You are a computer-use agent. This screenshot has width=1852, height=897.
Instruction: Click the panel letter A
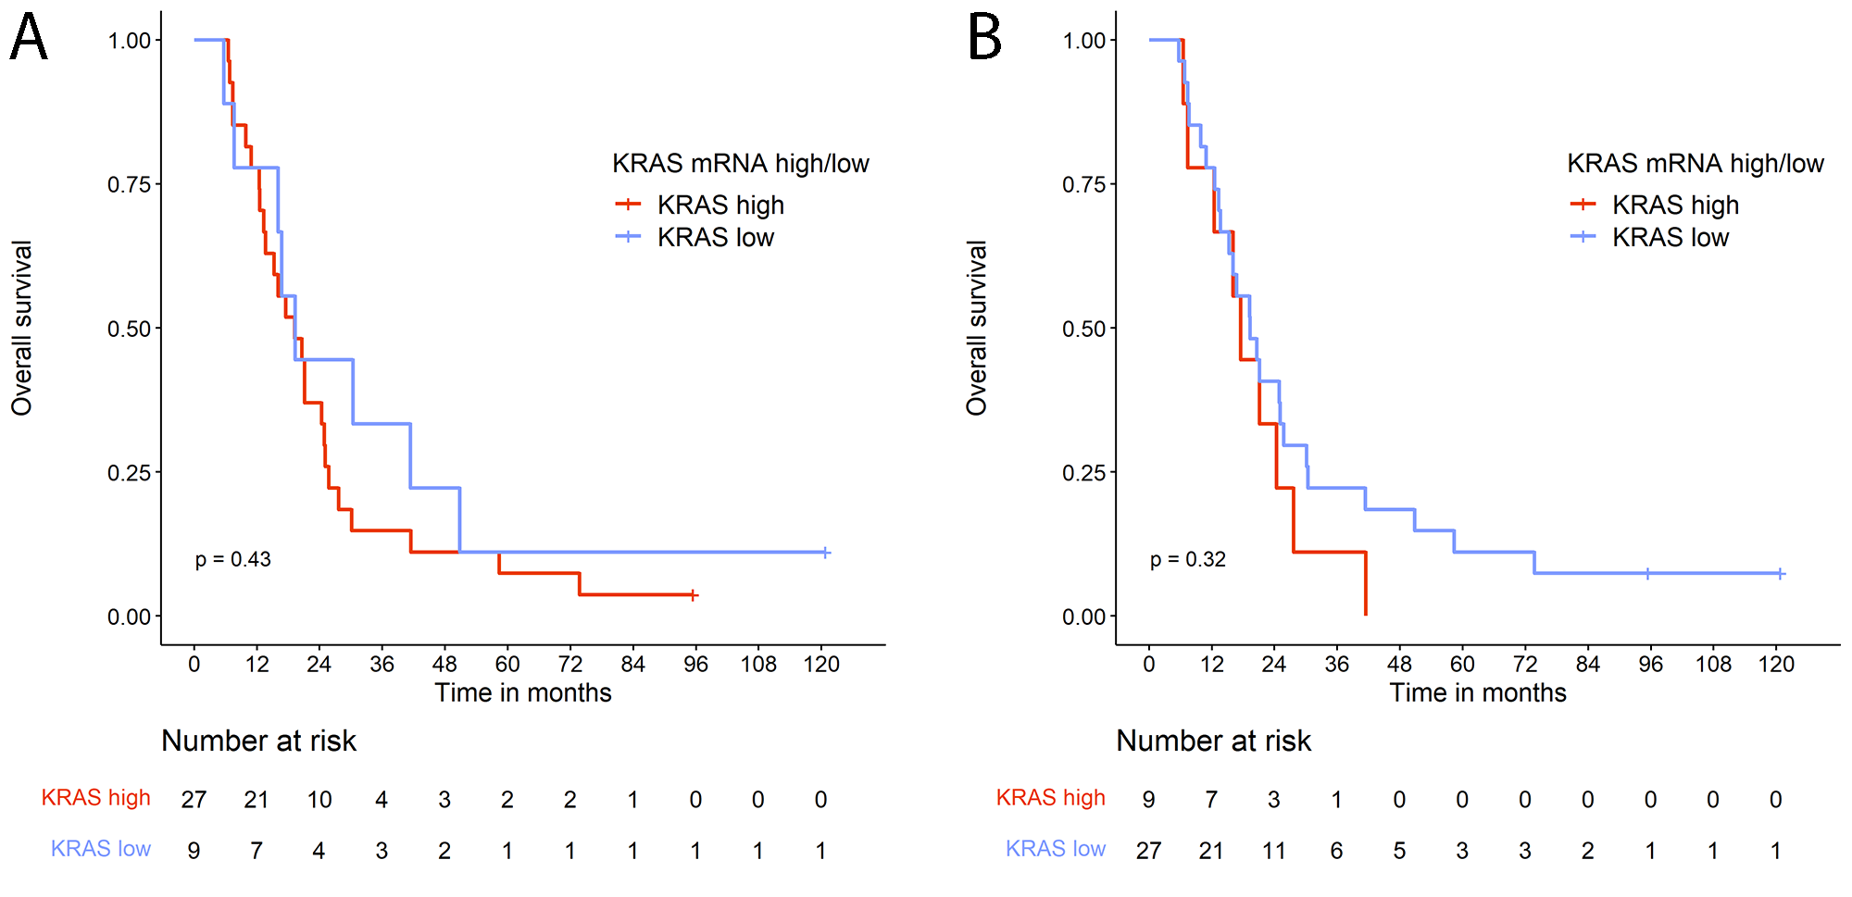tap(29, 38)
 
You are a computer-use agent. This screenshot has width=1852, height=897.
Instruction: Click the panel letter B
tap(984, 38)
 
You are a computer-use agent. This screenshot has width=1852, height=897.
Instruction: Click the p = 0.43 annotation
tap(233, 559)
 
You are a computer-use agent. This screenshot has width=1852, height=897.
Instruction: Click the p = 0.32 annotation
tap(1188, 559)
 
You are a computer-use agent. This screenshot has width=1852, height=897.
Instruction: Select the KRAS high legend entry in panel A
tap(720, 205)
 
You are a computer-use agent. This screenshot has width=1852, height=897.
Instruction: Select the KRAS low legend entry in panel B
tap(1670, 238)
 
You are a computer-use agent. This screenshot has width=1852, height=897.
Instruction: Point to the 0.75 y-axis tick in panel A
tap(129, 184)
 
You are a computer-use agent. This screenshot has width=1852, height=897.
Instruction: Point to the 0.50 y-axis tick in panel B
tap(1083, 329)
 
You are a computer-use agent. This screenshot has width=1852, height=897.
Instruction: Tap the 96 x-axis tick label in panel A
tap(695, 664)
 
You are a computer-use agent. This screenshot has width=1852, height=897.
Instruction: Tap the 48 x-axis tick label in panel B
tap(1399, 664)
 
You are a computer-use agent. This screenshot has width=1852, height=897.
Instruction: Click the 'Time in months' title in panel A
tap(523, 692)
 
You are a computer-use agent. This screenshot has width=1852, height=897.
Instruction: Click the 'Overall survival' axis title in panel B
tap(977, 328)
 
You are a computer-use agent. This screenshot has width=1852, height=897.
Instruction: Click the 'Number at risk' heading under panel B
tap(1213, 741)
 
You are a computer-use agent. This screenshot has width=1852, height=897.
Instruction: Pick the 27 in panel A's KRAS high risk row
tap(194, 800)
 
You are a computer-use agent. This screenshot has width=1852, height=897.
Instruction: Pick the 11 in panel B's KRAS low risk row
tap(1273, 851)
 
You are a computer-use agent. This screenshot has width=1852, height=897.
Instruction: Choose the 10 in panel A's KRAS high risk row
tap(319, 800)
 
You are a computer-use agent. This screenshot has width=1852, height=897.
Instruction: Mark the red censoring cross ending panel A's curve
tap(694, 595)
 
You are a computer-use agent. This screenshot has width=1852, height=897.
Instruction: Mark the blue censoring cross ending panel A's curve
tap(826, 553)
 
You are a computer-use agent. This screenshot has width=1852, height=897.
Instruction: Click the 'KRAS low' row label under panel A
tap(101, 849)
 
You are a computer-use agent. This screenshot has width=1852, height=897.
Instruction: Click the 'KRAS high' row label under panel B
tap(1051, 798)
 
